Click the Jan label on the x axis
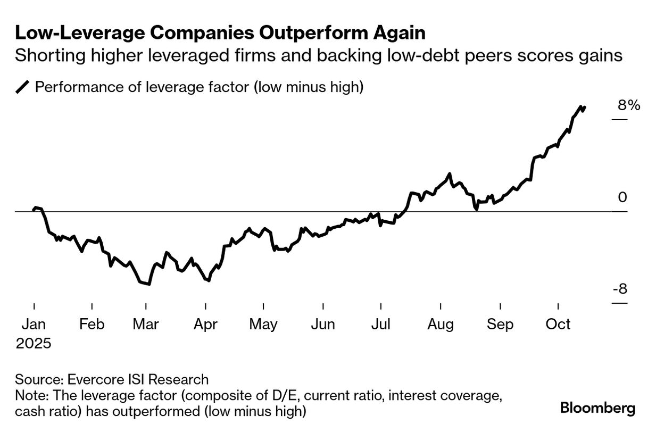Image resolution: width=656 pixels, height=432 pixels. [34, 324]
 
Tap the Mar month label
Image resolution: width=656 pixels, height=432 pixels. [145, 324]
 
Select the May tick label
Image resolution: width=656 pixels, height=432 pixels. [263, 324]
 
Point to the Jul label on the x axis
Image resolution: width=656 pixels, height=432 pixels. [380, 324]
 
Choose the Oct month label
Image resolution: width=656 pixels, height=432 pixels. [558, 324]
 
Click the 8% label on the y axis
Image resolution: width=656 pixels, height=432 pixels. [629, 105]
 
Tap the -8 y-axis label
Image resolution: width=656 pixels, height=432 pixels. [620, 289]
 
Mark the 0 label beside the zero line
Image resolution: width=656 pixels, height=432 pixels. [622, 197]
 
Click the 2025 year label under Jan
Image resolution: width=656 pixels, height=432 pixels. [34, 343]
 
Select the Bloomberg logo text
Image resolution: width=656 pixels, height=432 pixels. [597, 408]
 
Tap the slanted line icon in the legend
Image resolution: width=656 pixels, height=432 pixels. [23, 87]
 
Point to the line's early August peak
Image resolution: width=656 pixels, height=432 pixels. [450, 174]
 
